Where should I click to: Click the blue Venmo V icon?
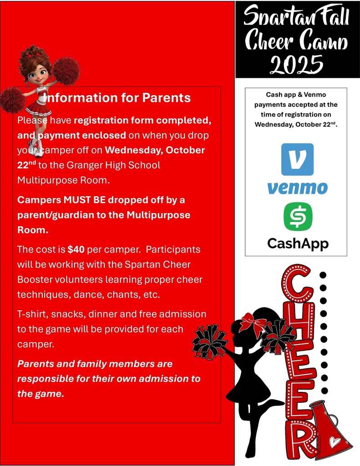(297, 159)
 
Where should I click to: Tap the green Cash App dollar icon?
(298, 217)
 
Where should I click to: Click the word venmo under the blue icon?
(297, 187)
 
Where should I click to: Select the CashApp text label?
(298, 243)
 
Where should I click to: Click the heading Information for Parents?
(118, 98)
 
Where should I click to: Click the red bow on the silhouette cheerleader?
(253, 322)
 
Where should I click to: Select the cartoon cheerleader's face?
(37, 73)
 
